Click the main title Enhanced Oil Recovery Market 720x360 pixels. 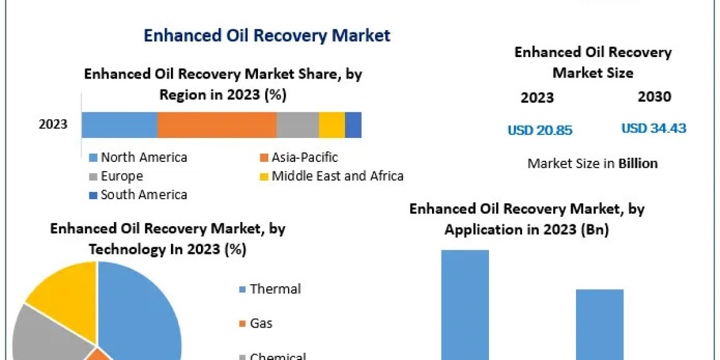[x=267, y=35]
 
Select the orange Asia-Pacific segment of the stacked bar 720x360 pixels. [x=217, y=125]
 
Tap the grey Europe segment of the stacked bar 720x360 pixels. [x=298, y=125]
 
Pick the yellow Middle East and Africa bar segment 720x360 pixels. [x=332, y=125]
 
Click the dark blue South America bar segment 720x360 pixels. [x=353, y=125]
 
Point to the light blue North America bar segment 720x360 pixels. [x=119, y=125]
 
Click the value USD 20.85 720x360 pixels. [x=540, y=130]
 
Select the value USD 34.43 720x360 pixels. [x=653, y=128]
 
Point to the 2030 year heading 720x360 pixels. [x=655, y=97]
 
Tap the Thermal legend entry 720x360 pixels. [x=275, y=289]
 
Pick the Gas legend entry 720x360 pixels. [x=261, y=323]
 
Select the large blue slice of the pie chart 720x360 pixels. [x=141, y=312]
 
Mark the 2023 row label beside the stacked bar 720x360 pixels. [x=53, y=125]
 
